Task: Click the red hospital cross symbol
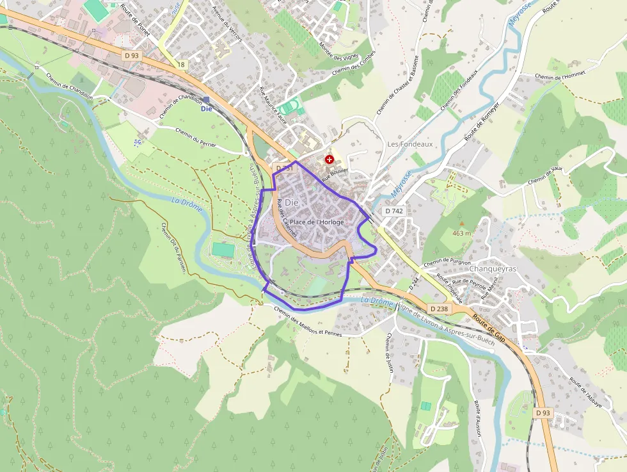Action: (329, 159)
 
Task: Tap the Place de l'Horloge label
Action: (317, 222)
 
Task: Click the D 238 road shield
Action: (440, 309)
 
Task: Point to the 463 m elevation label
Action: (461, 233)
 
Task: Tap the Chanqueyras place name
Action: (493, 269)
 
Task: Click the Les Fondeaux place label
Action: (410, 144)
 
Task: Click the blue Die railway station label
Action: (206, 108)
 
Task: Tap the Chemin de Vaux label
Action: (545, 175)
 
